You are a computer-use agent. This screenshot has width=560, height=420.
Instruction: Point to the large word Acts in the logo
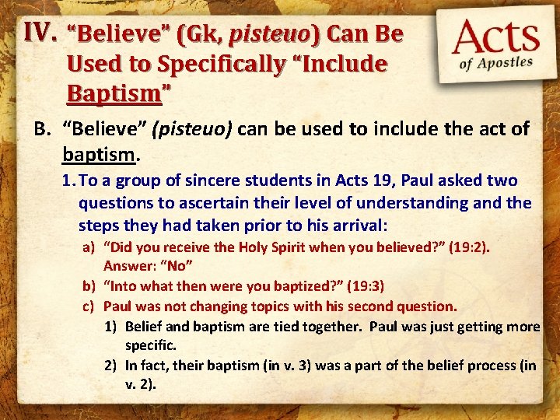pyautogui.click(x=497, y=38)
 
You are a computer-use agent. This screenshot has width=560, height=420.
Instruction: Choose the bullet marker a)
pyautogui.click(x=89, y=247)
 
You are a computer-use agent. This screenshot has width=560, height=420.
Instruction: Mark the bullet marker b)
pyautogui.click(x=89, y=286)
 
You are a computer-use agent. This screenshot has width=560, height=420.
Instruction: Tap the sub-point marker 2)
pyautogui.click(x=111, y=365)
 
